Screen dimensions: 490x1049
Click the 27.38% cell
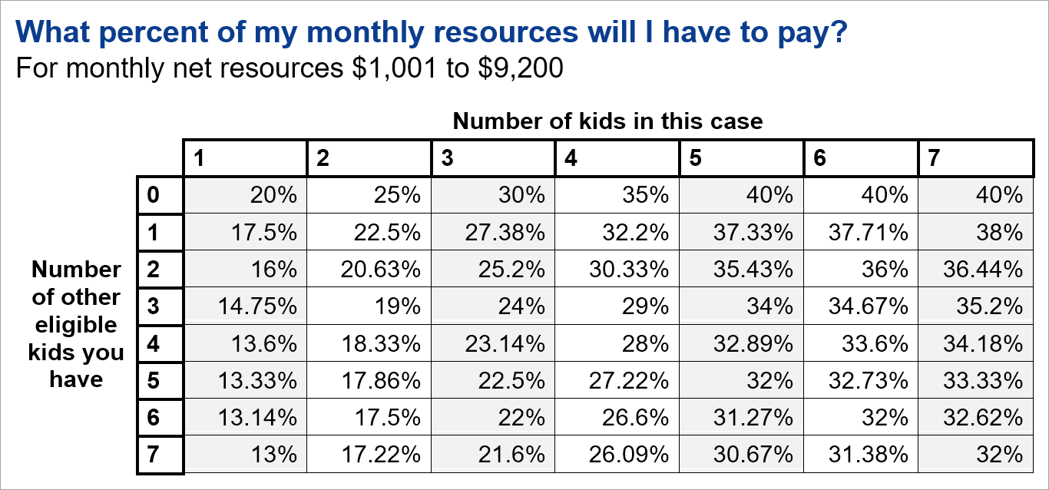click(505, 233)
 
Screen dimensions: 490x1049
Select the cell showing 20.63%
click(380, 270)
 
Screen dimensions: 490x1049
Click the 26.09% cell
click(629, 455)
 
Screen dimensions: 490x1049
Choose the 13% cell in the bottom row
click(273, 455)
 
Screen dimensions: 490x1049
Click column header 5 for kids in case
click(697, 159)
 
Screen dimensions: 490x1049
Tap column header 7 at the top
click(934, 159)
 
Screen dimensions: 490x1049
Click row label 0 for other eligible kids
click(154, 196)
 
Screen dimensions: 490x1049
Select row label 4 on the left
click(154, 344)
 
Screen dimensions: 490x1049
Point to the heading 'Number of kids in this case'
click(607, 121)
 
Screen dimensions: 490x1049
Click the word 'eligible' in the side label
click(76, 325)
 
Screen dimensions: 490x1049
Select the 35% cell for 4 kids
click(646, 196)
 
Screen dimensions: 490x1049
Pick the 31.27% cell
click(753, 419)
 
